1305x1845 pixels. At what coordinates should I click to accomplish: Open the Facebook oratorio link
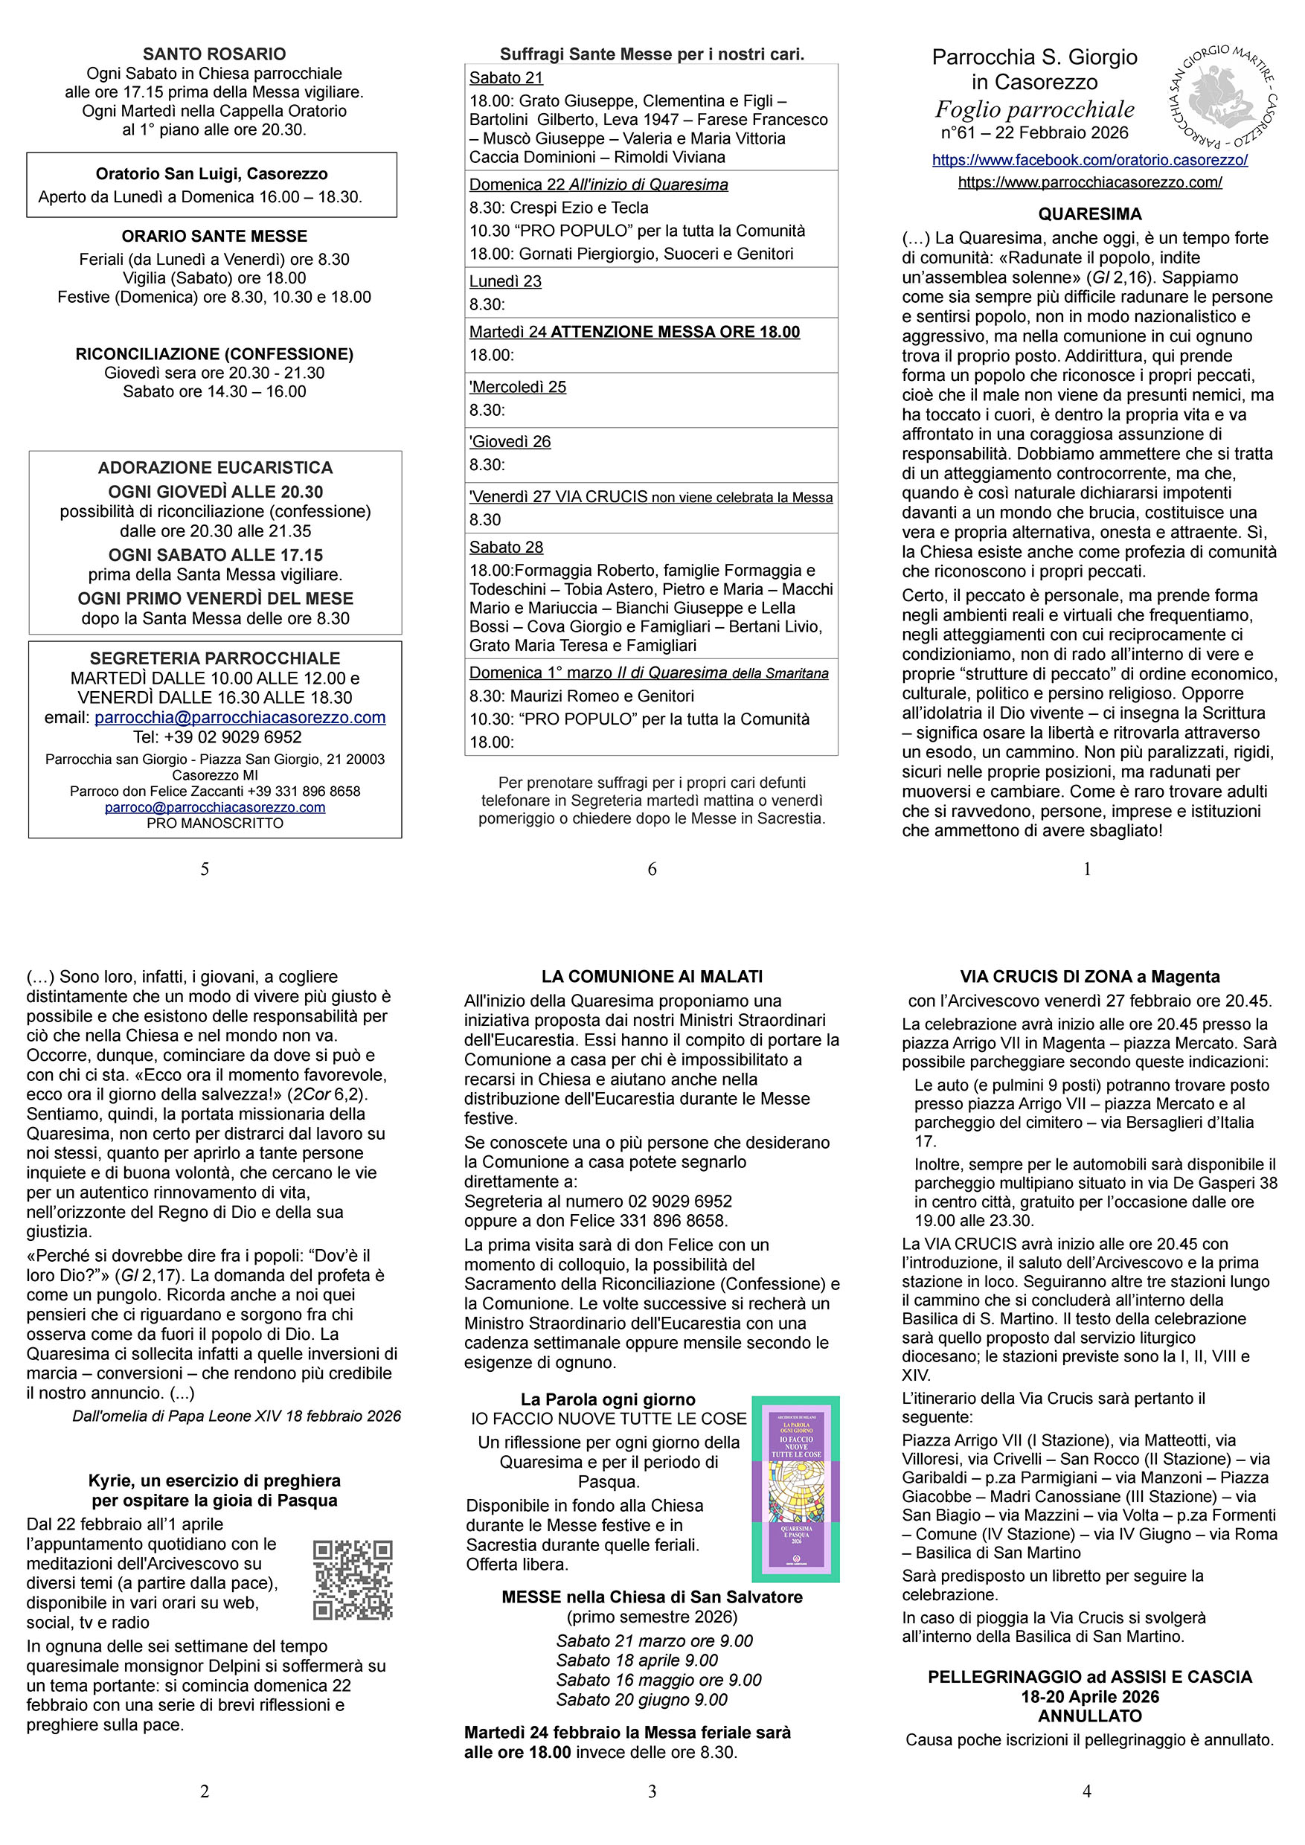[1090, 160]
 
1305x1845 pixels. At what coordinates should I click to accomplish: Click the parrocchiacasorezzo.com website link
[1090, 182]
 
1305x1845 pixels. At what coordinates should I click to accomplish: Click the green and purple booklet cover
[795, 1488]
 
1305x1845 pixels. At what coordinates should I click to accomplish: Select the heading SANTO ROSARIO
[214, 54]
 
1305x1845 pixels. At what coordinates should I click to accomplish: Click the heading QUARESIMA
[1090, 214]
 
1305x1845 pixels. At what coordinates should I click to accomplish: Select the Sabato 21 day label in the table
[506, 78]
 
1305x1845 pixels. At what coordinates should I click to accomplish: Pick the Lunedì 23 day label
[505, 281]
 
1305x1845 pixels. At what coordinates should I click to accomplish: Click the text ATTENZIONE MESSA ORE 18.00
[675, 332]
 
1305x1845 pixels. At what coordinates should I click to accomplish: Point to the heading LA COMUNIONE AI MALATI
[652, 976]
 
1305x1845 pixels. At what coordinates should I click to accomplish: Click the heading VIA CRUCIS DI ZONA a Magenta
[1090, 976]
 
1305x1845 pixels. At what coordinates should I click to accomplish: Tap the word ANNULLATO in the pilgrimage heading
[1090, 1716]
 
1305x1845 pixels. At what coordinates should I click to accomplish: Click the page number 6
[652, 869]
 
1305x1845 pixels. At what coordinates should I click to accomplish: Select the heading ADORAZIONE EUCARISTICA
[215, 468]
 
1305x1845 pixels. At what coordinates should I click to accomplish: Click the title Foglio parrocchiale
[1034, 109]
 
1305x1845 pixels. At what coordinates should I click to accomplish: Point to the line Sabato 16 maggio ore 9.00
[658, 1679]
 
